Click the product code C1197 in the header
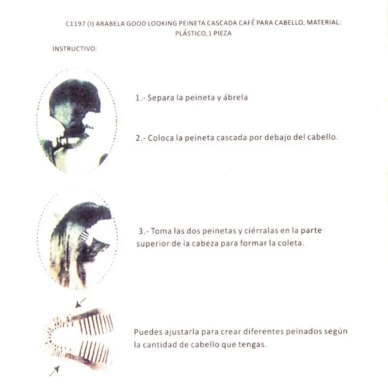click(75, 23)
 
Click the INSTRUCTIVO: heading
click(75, 49)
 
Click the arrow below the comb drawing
click(54, 371)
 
